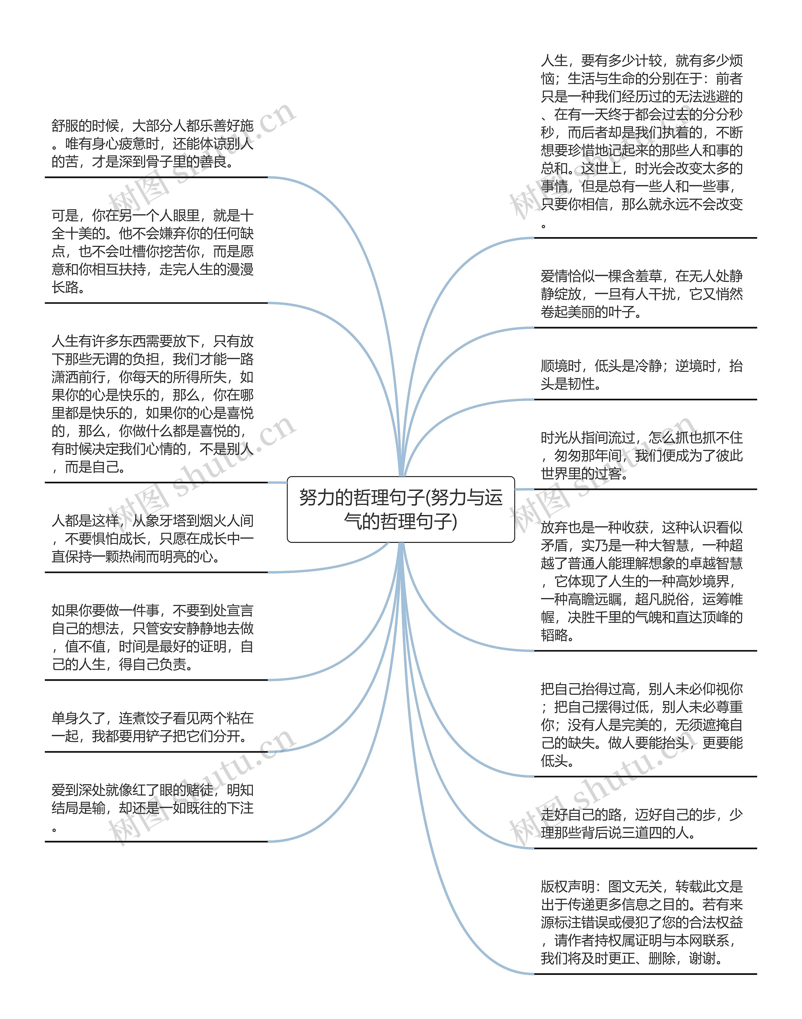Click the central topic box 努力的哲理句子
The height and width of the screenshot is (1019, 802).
pos(401,509)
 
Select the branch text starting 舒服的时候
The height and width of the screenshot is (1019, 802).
pos(153,144)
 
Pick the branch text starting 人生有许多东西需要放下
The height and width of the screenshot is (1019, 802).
pos(153,403)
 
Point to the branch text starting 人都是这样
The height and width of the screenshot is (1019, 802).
pos(153,538)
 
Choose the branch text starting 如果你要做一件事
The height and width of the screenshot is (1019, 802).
pos(153,637)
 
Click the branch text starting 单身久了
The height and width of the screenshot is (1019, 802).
pos(153,727)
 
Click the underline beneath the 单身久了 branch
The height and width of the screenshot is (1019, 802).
pos(156,752)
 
